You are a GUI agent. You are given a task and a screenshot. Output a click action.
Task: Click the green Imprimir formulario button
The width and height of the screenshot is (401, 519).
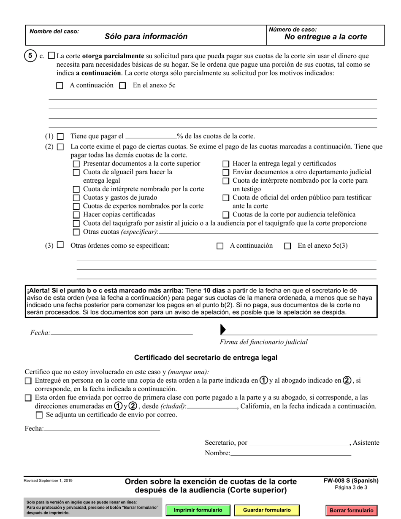[x=198, y=510]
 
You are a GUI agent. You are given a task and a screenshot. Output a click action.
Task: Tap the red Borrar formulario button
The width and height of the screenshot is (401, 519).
[x=352, y=510]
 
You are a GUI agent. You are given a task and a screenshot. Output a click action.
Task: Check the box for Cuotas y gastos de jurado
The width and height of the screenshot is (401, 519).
[x=76, y=197]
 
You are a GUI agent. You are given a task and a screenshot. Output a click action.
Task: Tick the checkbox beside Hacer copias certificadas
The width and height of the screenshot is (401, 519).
[x=76, y=215]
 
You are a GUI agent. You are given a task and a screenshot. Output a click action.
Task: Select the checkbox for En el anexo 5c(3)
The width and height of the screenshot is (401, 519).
[x=288, y=246]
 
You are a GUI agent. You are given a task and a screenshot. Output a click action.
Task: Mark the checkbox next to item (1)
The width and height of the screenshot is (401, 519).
[x=60, y=137]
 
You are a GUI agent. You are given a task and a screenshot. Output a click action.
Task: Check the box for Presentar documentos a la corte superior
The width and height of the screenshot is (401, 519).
[x=76, y=164]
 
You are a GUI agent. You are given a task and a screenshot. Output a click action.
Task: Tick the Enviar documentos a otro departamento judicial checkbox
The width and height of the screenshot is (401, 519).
[x=226, y=172]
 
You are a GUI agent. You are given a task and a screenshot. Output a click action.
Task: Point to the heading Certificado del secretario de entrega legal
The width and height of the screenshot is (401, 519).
[x=206, y=358]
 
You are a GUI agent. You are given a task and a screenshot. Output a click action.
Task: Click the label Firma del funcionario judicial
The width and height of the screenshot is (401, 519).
[x=263, y=342]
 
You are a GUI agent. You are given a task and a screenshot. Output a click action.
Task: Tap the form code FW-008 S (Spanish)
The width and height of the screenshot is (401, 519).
[x=351, y=481]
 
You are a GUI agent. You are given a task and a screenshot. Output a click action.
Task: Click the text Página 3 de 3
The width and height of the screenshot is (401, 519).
[x=351, y=487]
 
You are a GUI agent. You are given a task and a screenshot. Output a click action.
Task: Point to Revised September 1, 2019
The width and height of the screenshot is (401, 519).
[x=48, y=481]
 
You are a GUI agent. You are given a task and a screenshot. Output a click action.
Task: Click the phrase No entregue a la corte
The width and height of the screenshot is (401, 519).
[x=325, y=37]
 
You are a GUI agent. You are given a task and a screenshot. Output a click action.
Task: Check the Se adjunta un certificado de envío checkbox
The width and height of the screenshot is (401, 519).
[x=39, y=415]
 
